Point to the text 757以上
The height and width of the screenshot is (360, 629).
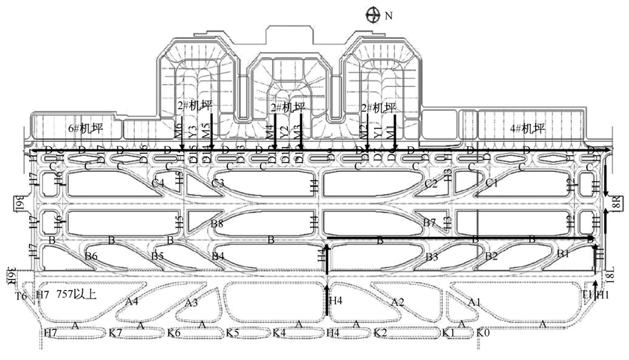[x=76, y=295]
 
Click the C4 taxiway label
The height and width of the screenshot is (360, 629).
[x=157, y=183]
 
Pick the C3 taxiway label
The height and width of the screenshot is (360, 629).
[x=218, y=183]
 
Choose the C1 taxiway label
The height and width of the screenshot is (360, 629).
[x=492, y=183]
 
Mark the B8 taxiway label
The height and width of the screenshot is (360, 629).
[x=217, y=223]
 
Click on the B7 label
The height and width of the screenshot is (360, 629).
[x=430, y=223]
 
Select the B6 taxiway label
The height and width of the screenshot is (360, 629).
[x=91, y=256]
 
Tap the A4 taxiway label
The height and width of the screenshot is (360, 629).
[x=132, y=301]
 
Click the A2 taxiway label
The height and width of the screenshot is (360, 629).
[x=398, y=301]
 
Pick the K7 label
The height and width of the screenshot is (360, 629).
[x=115, y=332]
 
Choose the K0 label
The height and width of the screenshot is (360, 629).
[x=483, y=332]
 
